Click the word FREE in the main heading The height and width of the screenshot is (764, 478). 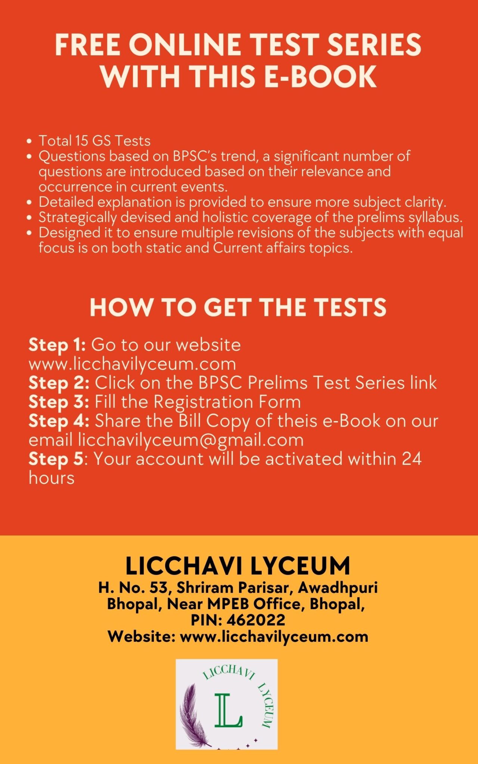click(x=87, y=45)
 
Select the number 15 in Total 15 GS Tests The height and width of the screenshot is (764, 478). click(x=81, y=141)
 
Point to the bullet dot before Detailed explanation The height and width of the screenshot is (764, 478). click(x=30, y=203)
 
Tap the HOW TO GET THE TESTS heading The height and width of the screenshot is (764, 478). click(x=238, y=307)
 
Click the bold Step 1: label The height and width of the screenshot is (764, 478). click(x=57, y=345)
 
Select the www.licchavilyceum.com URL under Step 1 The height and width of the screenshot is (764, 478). click(x=132, y=364)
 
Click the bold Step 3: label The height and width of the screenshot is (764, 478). click(x=59, y=402)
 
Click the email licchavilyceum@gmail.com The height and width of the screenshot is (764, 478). click(x=190, y=440)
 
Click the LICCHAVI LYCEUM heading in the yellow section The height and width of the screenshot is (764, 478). click(x=238, y=565)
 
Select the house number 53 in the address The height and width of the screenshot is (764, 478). click(x=159, y=588)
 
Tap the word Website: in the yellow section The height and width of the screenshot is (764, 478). click(x=142, y=636)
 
